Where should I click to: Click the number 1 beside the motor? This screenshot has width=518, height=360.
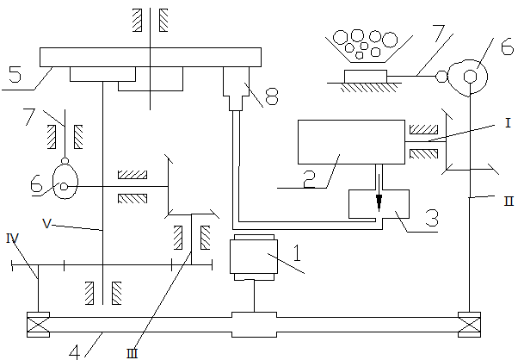(298, 253)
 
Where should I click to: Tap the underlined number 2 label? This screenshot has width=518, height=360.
(309, 179)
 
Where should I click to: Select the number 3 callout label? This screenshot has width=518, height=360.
(432, 218)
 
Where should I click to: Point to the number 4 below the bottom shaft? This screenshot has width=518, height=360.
(75, 351)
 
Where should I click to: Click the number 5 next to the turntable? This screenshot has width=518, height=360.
(15, 74)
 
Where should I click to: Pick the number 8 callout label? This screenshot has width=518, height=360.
(272, 96)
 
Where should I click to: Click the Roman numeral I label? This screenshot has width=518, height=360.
(508, 123)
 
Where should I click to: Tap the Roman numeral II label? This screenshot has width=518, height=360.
(509, 201)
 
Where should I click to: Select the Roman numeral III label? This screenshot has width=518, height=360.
(132, 354)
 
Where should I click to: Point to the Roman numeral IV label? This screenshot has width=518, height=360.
(13, 238)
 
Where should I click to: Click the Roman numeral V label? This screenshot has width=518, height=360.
(47, 224)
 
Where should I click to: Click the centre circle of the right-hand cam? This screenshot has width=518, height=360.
(470, 77)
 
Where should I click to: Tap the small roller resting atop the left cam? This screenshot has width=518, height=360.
(65, 161)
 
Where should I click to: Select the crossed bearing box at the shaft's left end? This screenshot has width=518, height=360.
(39, 325)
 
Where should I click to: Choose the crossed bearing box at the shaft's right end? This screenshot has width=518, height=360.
(470, 325)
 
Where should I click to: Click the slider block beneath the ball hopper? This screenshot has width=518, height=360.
(366, 77)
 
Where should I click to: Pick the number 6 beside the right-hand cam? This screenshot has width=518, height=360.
(507, 47)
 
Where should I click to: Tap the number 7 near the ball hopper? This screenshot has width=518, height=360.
(440, 34)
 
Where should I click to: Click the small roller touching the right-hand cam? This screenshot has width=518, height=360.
(441, 77)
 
